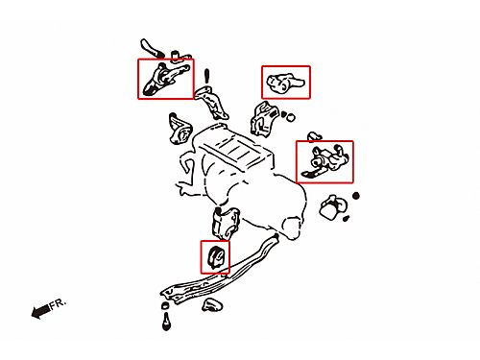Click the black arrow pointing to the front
click(41, 312)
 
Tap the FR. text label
click(58, 303)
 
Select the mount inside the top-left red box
click(165, 79)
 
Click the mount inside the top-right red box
click(285, 83)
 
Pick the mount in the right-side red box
click(325, 160)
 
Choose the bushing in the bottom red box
click(216, 256)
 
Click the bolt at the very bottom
click(166, 322)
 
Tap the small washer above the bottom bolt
click(165, 305)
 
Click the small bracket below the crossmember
click(212, 305)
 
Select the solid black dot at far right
click(356, 196)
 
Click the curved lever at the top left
click(152, 49)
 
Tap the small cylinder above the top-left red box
click(176, 55)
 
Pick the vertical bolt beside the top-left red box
click(206, 76)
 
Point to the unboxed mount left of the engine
click(180, 129)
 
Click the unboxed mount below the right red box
click(333, 206)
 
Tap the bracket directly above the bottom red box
click(226, 224)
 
